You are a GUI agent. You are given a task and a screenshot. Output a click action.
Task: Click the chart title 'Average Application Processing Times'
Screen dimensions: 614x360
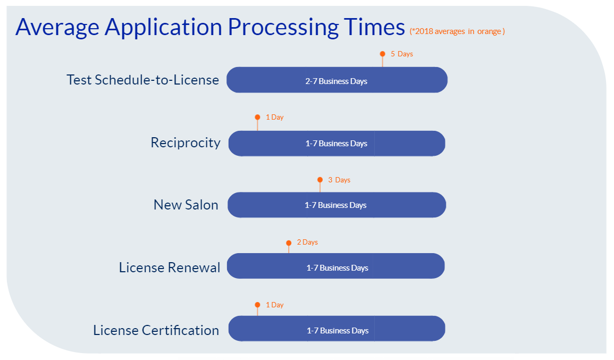point(210,27)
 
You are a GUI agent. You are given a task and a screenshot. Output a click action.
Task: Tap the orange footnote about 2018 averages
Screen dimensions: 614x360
point(457,31)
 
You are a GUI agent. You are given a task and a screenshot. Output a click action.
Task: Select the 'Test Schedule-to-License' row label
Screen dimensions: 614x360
point(142,80)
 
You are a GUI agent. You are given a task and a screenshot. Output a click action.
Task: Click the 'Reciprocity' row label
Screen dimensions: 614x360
point(185,143)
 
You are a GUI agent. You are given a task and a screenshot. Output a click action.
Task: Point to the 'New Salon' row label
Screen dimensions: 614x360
point(186,205)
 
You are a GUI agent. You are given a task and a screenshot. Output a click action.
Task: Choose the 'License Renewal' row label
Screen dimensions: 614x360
point(169,267)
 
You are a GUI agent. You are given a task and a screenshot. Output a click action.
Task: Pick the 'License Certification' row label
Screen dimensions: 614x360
point(156,330)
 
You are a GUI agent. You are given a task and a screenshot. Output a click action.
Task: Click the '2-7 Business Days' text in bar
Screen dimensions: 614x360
point(336,81)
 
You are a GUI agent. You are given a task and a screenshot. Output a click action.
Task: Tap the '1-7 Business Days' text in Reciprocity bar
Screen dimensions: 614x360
point(336,144)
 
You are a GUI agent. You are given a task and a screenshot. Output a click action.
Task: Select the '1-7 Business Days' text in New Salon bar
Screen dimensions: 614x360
point(335,205)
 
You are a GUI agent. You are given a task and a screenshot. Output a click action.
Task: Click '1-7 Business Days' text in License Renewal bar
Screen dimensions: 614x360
point(337,268)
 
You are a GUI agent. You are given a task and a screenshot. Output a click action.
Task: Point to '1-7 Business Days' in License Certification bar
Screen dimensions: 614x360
point(338,331)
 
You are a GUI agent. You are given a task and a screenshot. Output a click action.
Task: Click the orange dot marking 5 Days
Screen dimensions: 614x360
point(382,54)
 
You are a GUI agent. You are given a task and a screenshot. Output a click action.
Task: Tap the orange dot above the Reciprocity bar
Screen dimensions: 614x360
point(257,117)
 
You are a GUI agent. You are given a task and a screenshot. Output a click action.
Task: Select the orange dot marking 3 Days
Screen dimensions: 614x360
point(320,180)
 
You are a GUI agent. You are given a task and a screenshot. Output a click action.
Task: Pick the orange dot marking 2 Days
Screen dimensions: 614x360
point(289,242)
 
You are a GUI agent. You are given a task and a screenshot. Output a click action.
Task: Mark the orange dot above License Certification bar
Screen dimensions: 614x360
point(257,305)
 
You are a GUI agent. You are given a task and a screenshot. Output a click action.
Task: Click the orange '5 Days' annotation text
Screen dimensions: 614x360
point(402,54)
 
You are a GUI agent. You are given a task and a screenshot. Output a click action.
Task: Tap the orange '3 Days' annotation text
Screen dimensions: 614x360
point(339,180)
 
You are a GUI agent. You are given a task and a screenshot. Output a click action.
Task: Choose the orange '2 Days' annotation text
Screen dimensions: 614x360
point(307,242)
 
